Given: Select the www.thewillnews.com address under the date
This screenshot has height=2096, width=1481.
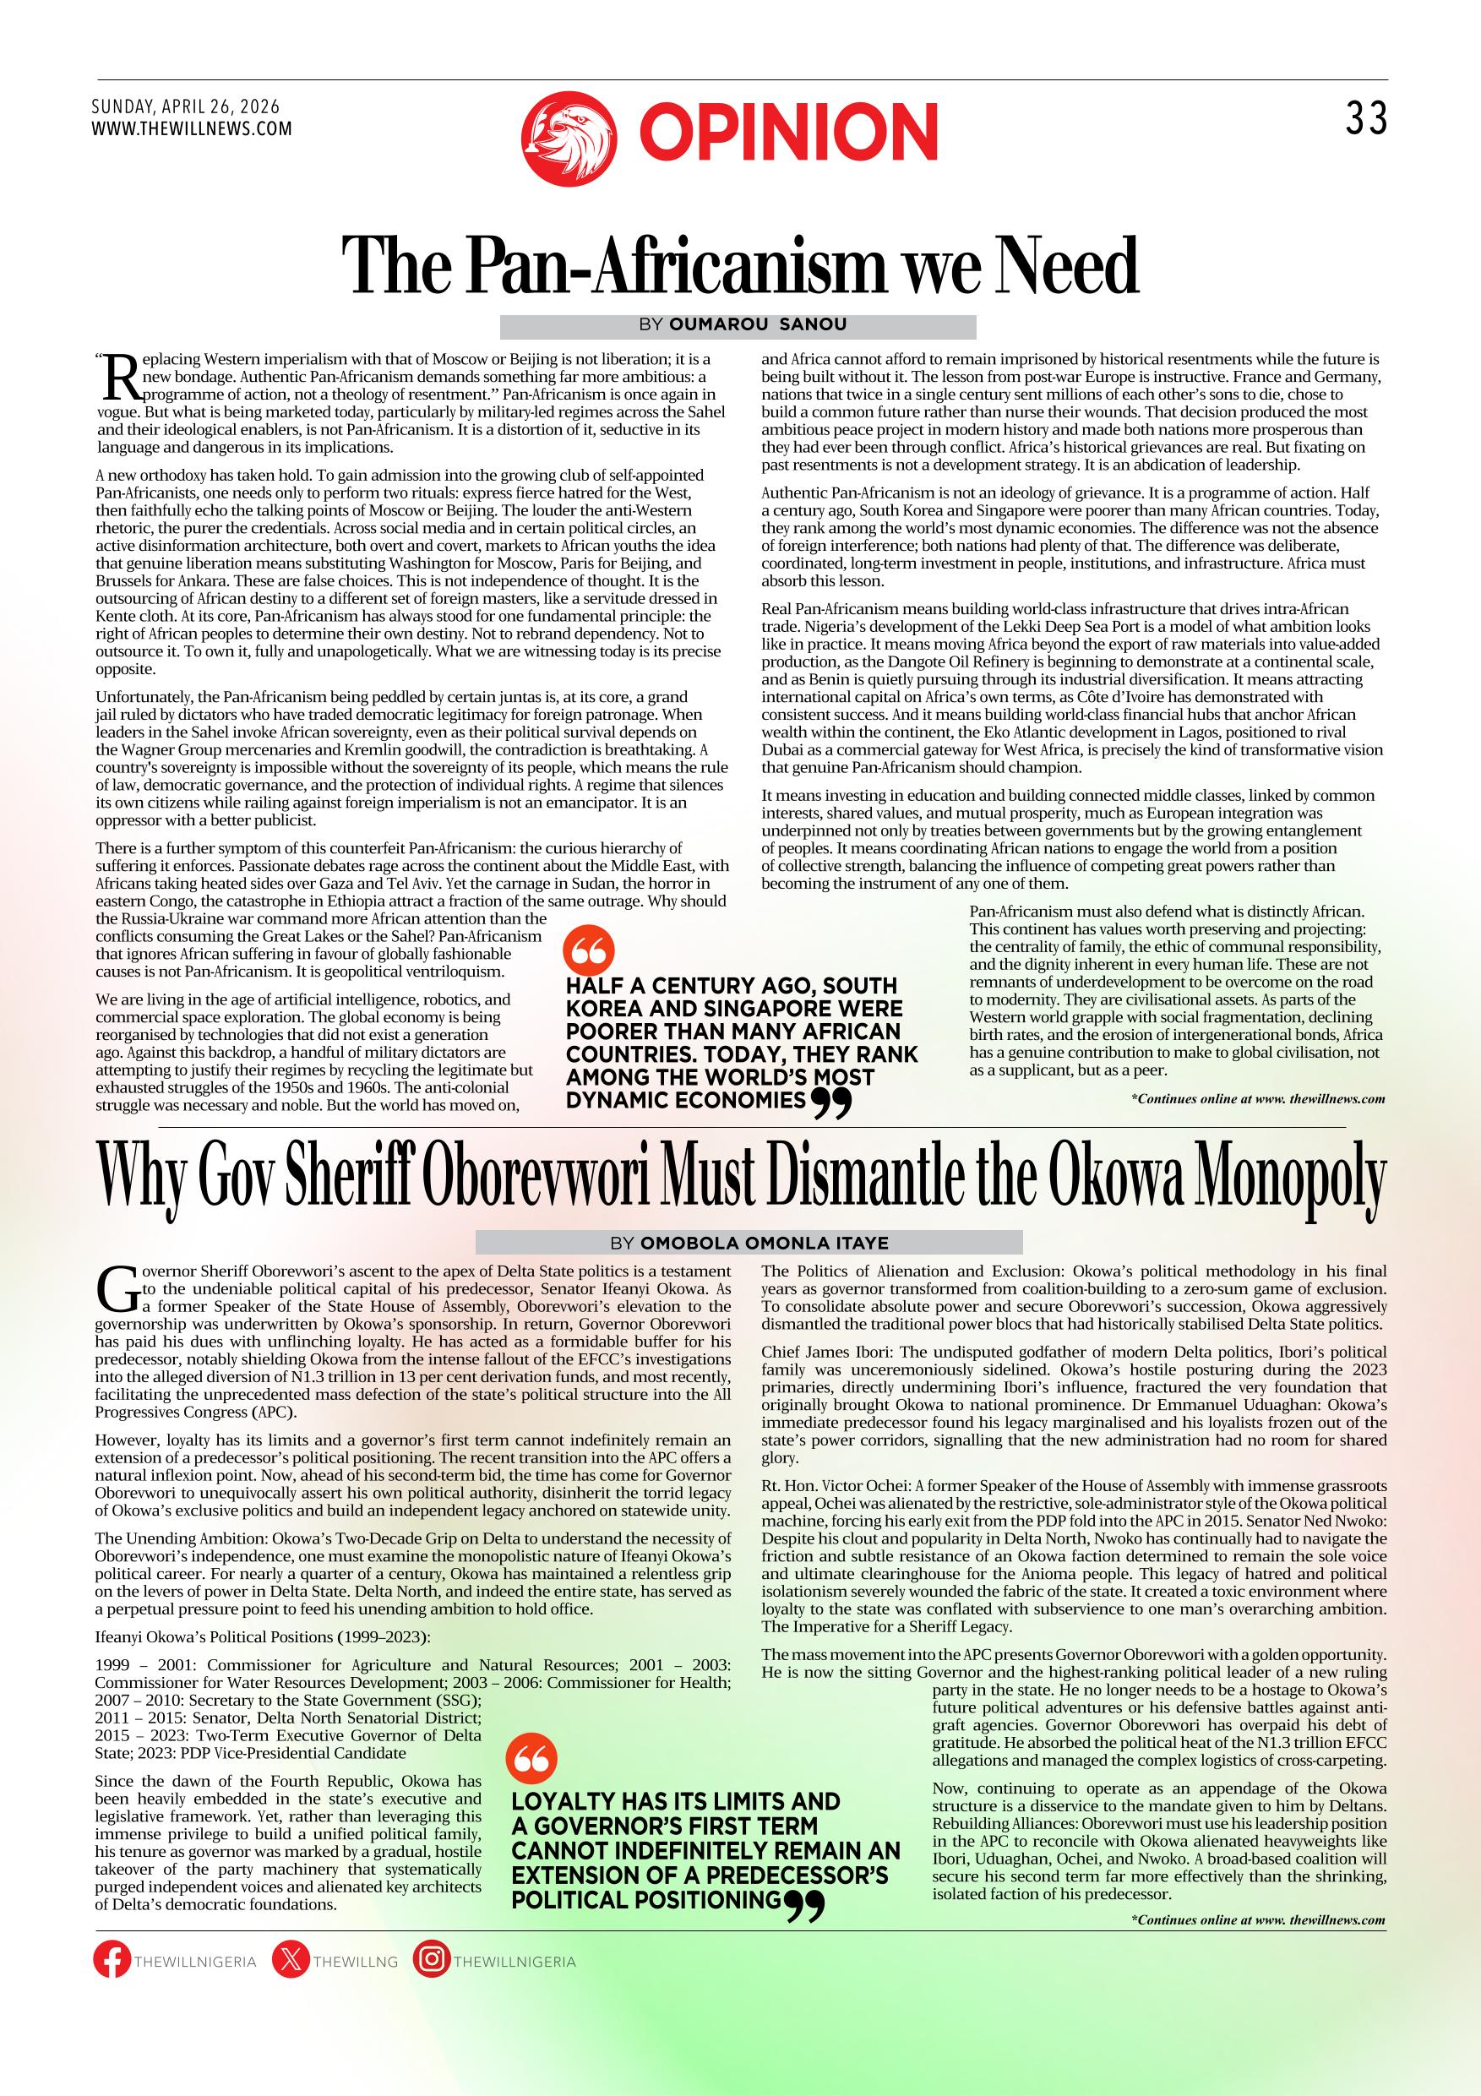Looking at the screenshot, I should (192, 128).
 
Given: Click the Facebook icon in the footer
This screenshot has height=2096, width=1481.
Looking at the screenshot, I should (112, 1961).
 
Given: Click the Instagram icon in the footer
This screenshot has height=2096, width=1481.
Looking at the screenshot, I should (431, 1961).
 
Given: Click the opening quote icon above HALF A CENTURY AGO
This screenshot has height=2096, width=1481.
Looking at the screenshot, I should (589, 951).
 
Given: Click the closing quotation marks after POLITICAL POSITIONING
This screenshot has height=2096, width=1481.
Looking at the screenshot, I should (804, 1905).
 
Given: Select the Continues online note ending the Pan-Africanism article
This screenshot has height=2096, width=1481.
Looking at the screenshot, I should (1257, 1099).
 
